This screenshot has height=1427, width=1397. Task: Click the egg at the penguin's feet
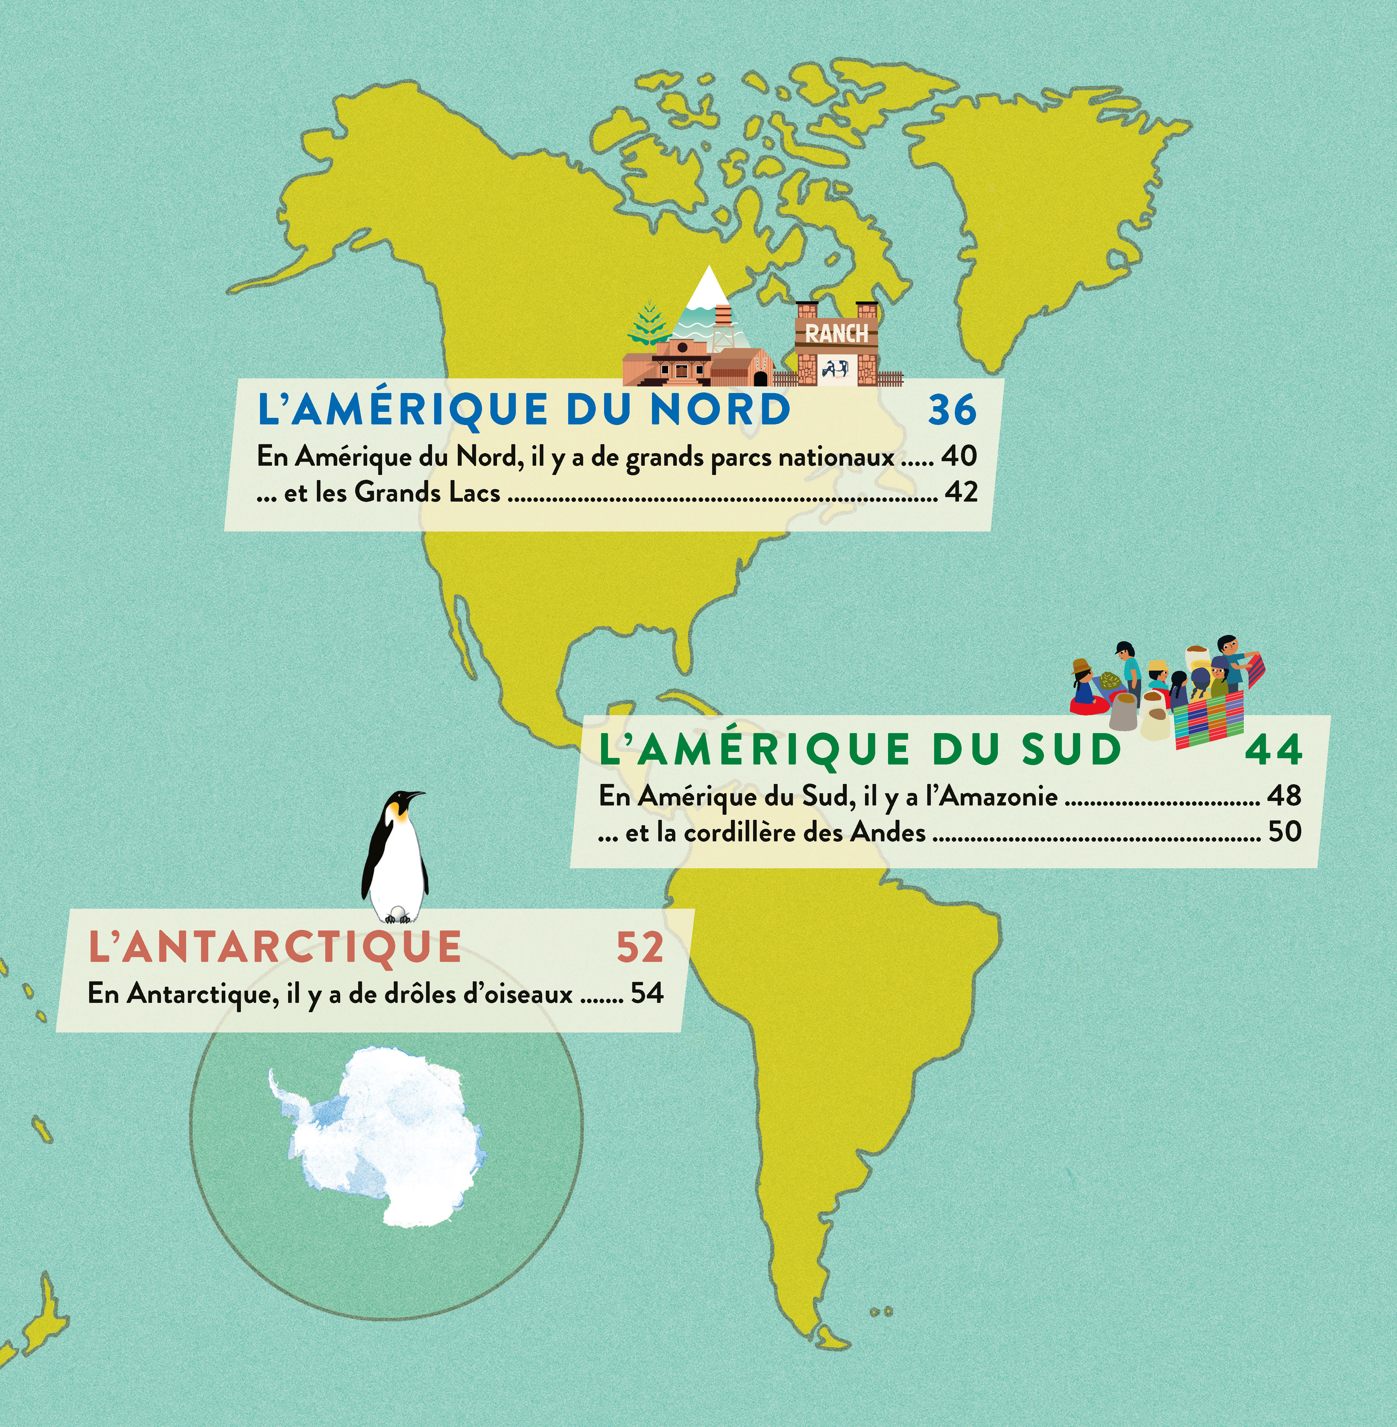point(397,914)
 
